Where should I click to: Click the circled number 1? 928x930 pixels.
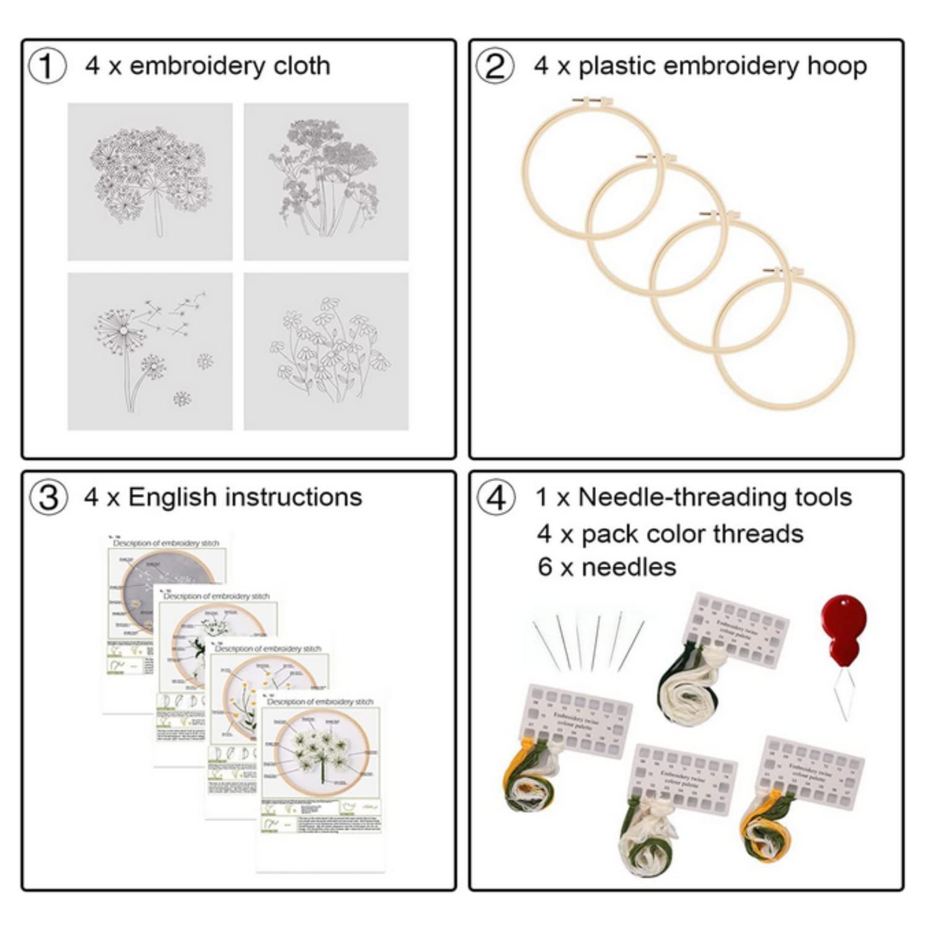coord(47,66)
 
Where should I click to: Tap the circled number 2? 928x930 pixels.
coord(495,66)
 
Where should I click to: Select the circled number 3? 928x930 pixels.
coord(48,498)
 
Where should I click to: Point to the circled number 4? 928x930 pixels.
coord(495,498)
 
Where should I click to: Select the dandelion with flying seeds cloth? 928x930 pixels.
coord(150,352)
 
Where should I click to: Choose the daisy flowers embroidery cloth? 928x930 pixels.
coord(326,352)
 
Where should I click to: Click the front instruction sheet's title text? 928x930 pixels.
coord(320,701)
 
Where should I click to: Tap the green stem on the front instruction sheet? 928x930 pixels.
coord(323,769)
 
